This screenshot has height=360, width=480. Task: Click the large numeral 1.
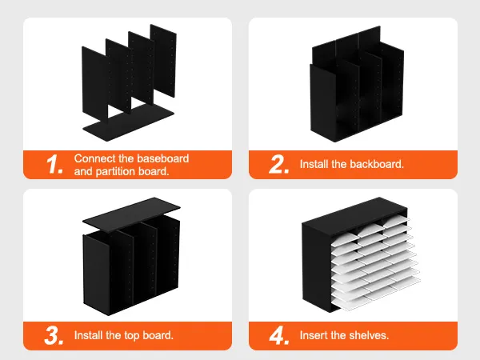(54, 164)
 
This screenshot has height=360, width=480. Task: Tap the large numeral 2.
(279, 164)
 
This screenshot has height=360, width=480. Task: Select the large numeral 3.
(54, 335)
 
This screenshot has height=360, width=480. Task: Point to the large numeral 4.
(279, 335)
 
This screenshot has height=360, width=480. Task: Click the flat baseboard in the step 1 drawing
(129, 122)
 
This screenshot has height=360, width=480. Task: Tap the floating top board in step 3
(131, 214)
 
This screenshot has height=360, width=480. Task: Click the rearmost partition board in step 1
(163, 61)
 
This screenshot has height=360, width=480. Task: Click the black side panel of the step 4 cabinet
(316, 266)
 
